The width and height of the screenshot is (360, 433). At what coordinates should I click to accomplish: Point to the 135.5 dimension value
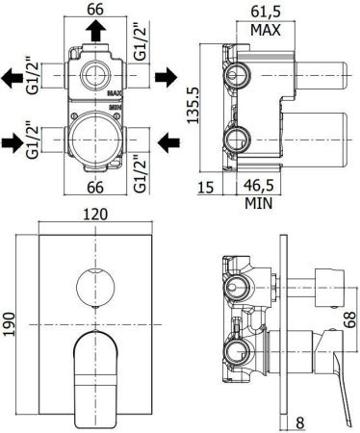[x=193, y=109]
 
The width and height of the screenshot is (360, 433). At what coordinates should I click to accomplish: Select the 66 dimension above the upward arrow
[x=94, y=10]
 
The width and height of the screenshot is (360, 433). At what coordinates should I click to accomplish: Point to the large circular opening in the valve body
[x=94, y=136]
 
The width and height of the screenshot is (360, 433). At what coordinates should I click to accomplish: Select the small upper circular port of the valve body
[x=94, y=74]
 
